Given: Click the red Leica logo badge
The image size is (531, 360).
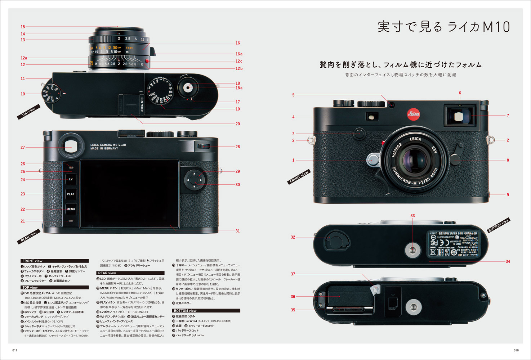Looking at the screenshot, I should [x=413, y=114].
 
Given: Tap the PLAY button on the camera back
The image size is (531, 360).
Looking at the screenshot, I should [x=71, y=194].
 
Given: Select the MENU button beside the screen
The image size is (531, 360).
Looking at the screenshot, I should [x=71, y=209].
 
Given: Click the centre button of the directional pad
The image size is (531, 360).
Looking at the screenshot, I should [x=194, y=179].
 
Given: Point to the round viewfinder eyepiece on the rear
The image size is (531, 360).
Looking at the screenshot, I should [x=71, y=146].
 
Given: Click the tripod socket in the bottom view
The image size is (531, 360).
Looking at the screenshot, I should [x=412, y=249].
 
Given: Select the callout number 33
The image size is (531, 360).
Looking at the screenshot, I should [x=412, y=216].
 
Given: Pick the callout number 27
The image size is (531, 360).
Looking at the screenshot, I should [x=23, y=148].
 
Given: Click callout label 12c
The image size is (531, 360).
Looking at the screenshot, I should [x=239, y=61].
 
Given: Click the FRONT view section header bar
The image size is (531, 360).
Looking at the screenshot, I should [x=54, y=261].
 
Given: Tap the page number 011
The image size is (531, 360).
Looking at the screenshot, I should [x=15, y=350].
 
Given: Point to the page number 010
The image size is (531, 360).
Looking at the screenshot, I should [x=516, y=350].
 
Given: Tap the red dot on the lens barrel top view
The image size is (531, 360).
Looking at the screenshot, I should [x=147, y=60].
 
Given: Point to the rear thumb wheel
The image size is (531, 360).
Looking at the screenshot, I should [x=204, y=147].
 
